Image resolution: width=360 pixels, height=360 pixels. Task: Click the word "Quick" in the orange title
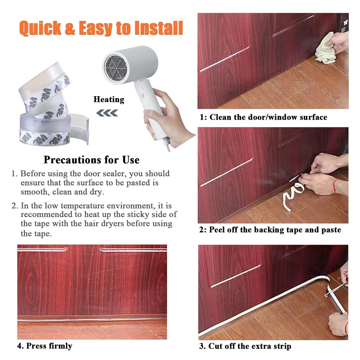40,28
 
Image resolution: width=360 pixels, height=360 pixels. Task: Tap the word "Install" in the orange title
159,28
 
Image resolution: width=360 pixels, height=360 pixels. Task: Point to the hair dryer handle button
142,95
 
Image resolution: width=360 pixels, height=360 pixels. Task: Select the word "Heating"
109,100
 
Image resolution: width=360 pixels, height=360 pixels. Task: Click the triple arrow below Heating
107,113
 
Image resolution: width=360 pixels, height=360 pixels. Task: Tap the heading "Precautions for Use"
91,160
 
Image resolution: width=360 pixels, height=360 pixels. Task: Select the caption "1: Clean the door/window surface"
264,117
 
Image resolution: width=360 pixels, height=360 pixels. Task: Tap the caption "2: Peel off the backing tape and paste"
270,230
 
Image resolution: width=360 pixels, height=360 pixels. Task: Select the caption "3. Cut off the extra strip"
245,346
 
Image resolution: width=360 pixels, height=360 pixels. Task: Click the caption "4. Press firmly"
45,346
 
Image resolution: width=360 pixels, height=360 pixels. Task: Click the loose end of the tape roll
80,129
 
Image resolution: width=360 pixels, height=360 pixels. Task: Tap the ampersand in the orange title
70,28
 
